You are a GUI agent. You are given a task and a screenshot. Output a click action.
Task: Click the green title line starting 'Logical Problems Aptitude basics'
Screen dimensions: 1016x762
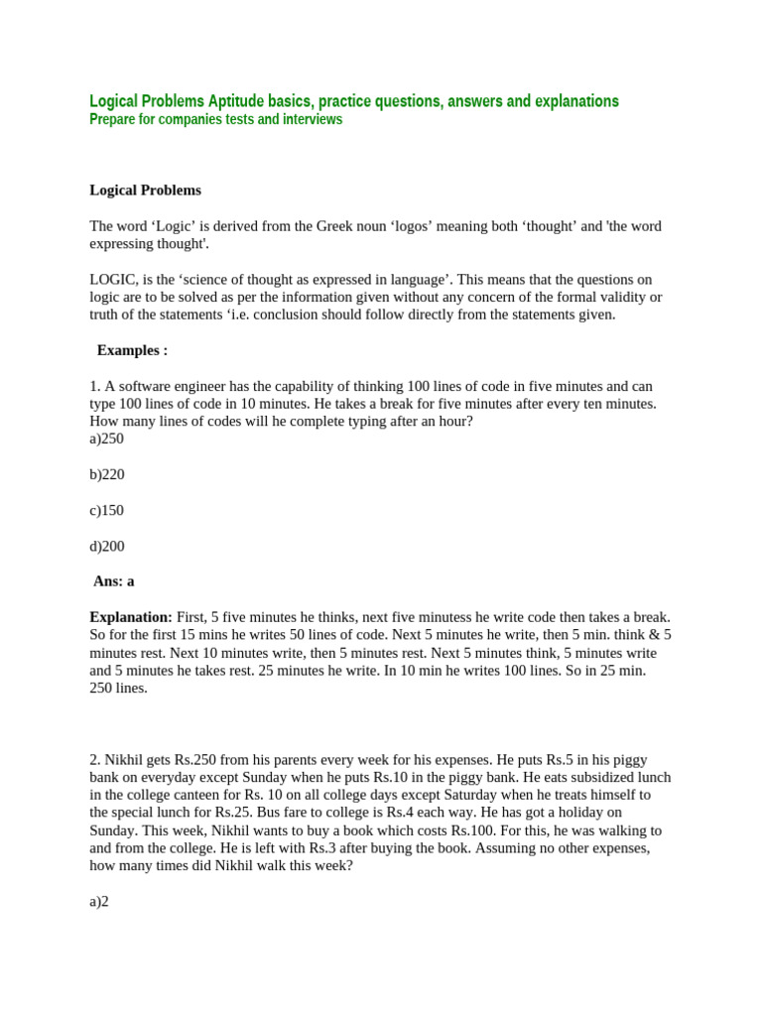pyautogui.click(x=353, y=101)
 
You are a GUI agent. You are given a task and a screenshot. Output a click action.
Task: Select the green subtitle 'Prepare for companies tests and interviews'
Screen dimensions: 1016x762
pyautogui.click(x=215, y=120)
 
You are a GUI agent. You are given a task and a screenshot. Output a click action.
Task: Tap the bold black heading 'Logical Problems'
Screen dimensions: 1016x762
pyautogui.click(x=145, y=190)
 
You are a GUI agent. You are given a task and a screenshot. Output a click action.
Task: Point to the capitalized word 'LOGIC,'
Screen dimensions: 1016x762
pyautogui.click(x=112, y=280)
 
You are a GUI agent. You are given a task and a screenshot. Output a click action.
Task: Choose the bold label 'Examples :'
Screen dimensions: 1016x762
pyautogui.click(x=132, y=350)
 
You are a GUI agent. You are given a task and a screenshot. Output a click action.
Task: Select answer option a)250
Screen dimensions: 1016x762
pyautogui.click(x=106, y=439)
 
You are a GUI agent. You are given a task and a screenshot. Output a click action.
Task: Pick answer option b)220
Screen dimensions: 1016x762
pyautogui.click(x=107, y=474)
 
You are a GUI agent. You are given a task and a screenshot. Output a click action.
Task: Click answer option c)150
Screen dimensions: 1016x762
pyautogui.click(x=106, y=510)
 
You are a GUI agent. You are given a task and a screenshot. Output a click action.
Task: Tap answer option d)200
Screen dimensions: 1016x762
pyautogui.click(x=107, y=546)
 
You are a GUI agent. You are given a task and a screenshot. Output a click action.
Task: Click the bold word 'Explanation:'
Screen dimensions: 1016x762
pyautogui.click(x=131, y=617)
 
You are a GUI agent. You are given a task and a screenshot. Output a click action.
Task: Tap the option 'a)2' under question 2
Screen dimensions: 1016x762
pyautogui.click(x=99, y=901)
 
